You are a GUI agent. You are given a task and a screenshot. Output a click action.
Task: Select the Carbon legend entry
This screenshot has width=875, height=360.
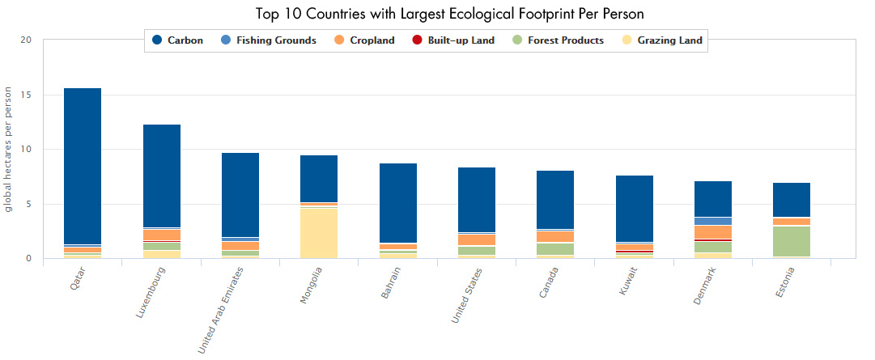click(x=178, y=40)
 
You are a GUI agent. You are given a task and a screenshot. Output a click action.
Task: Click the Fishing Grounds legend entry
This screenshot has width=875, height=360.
click(x=268, y=40)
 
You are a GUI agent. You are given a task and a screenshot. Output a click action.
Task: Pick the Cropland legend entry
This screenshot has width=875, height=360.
click(x=364, y=40)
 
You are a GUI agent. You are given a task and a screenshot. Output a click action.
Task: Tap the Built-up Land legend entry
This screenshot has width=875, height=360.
click(x=452, y=40)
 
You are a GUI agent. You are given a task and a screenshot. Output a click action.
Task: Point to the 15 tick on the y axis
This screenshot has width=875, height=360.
click(x=26, y=95)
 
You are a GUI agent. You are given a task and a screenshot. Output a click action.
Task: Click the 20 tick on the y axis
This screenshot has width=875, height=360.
click(x=26, y=40)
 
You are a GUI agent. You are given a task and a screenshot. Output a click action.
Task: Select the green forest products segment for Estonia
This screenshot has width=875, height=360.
click(x=792, y=241)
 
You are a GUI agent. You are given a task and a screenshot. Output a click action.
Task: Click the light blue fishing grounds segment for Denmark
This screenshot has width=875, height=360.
click(x=713, y=221)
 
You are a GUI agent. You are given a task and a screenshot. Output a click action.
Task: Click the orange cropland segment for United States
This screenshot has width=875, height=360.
click(x=477, y=240)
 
